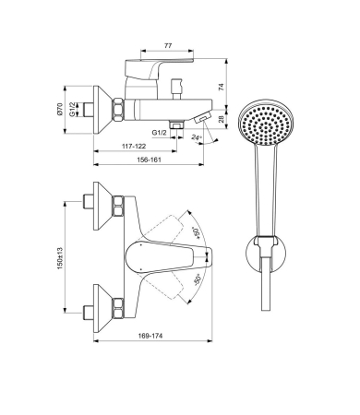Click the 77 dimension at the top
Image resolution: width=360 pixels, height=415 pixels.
(168, 46)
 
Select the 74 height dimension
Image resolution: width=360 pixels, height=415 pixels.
(222, 87)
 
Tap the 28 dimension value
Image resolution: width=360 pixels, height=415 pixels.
(222, 119)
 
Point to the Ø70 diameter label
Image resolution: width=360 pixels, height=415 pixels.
(60, 110)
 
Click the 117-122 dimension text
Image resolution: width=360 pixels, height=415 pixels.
(134, 146)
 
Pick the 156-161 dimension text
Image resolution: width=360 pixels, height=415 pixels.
(149, 160)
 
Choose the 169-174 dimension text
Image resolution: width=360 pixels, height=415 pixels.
(150, 336)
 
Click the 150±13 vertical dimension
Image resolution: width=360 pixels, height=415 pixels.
(60, 258)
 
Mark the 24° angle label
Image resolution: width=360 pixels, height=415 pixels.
(197, 137)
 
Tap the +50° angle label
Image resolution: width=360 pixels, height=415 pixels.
(196, 232)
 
